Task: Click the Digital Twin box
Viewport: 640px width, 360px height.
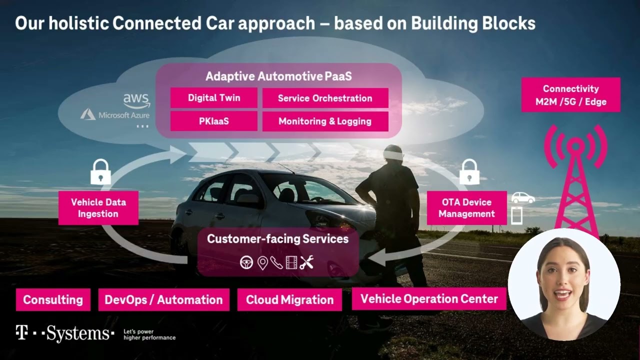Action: click(x=214, y=98)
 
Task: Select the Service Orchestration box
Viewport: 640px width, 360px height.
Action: click(x=325, y=98)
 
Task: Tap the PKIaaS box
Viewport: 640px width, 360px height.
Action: click(x=214, y=121)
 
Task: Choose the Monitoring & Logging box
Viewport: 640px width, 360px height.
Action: click(x=325, y=121)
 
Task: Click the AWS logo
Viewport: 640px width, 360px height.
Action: click(x=136, y=100)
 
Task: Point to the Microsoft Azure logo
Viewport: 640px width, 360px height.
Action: click(x=115, y=115)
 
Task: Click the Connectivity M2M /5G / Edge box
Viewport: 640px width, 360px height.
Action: click(x=570, y=95)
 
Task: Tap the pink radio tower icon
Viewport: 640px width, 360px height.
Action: click(x=576, y=180)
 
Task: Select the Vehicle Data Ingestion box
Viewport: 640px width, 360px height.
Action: click(x=98, y=208)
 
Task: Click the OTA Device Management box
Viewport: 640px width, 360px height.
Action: click(x=466, y=208)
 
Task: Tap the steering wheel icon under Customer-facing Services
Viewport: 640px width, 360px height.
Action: click(x=246, y=262)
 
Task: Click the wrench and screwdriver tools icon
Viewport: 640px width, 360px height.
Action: click(x=306, y=262)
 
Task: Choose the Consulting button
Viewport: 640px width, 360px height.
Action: click(x=53, y=300)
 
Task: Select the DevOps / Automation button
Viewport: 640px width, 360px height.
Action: click(x=163, y=300)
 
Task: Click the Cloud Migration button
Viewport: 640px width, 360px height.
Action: click(x=289, y=300)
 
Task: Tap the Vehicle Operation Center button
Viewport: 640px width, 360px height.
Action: click(x=429, y=299)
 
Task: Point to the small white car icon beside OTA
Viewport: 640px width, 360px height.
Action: click(x=522, y=197)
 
